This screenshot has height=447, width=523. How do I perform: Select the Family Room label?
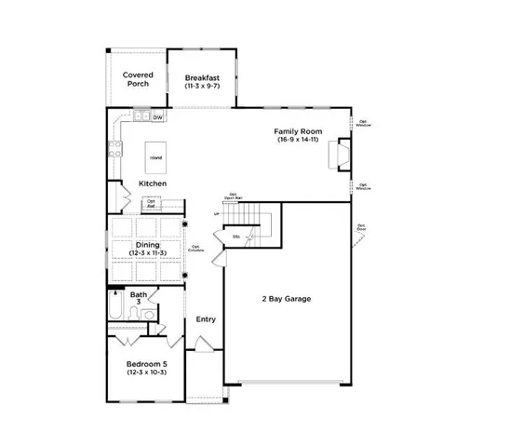(298, 131)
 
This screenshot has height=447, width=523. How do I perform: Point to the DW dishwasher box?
(158, 117)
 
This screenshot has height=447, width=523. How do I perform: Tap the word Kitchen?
(153, 183)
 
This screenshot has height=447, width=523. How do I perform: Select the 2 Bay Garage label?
(285, 299)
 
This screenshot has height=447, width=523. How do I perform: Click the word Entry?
(206, 319)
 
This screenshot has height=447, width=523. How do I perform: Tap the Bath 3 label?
(139, 298)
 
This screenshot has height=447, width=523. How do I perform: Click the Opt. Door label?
(360, 226)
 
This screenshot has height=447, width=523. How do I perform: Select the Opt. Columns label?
(196, 249)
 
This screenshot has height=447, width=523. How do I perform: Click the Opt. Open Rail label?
(232, 196)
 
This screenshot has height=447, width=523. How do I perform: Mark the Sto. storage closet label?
(236, 237)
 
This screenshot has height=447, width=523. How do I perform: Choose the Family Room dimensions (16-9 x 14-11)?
(298, 142)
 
